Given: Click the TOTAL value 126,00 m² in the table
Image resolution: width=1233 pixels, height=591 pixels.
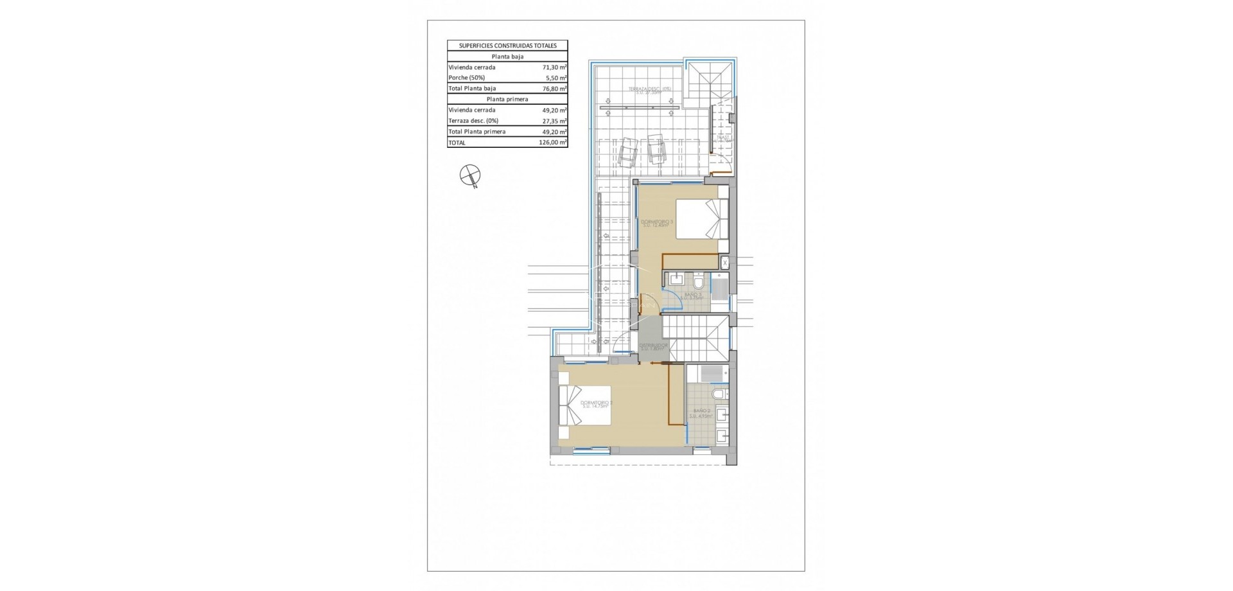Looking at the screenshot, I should [x=553, y=143].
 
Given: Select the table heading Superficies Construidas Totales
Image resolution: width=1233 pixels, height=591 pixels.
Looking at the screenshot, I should [x=507, y=46].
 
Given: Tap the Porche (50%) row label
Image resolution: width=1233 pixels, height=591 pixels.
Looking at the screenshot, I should [x=467, y=78].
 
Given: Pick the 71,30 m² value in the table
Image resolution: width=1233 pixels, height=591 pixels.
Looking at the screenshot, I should [x=554, y=67].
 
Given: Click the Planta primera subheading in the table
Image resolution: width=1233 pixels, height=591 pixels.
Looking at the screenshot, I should [x=507, y=100].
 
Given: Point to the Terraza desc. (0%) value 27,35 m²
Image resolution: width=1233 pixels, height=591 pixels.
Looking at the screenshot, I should [x=554, y=121].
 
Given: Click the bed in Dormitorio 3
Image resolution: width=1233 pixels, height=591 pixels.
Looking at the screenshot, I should [x=703, y=219].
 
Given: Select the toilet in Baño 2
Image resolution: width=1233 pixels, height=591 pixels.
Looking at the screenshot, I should [x=720, y=393].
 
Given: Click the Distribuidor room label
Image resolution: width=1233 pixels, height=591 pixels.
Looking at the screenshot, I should [x=653, y=347].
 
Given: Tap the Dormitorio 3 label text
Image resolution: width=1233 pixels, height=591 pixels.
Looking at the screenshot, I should [x=657, y=223].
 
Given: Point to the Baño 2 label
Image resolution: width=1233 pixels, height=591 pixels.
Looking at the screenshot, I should [x=701, y=412].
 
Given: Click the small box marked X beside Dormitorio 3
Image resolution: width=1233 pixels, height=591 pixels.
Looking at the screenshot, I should [x=725, y=263].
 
